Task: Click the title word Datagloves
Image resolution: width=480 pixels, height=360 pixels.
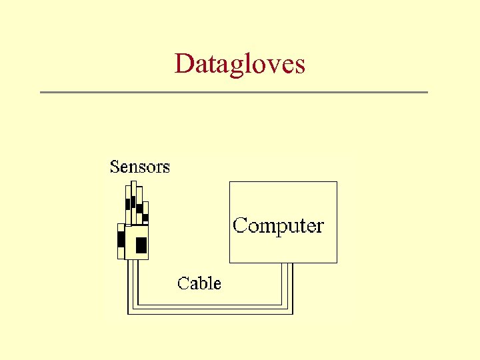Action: click(240, 64)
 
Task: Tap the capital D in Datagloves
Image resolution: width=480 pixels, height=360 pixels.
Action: click(183, 63)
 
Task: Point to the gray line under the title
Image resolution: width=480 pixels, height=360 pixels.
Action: click(233, 92)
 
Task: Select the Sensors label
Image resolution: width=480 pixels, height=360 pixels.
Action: click(139, 167)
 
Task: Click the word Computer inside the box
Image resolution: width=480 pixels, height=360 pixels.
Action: click(278, 225)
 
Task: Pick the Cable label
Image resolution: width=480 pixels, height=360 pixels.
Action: click(199, 283)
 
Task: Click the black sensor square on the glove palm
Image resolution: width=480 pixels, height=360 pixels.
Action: click(141, 245)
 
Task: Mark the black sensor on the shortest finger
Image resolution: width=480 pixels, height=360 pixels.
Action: click(145, 217)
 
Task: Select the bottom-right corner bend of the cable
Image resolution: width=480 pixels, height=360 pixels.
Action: click(288, 309)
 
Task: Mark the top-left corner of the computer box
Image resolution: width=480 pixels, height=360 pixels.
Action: click(230, 182)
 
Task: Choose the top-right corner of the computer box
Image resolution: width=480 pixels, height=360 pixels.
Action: click(337, 182)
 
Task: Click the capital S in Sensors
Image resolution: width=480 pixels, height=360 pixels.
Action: click(115, 167)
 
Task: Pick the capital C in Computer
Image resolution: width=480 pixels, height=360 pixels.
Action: click(239, 225)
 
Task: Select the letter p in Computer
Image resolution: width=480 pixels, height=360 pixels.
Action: click(281, 228)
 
